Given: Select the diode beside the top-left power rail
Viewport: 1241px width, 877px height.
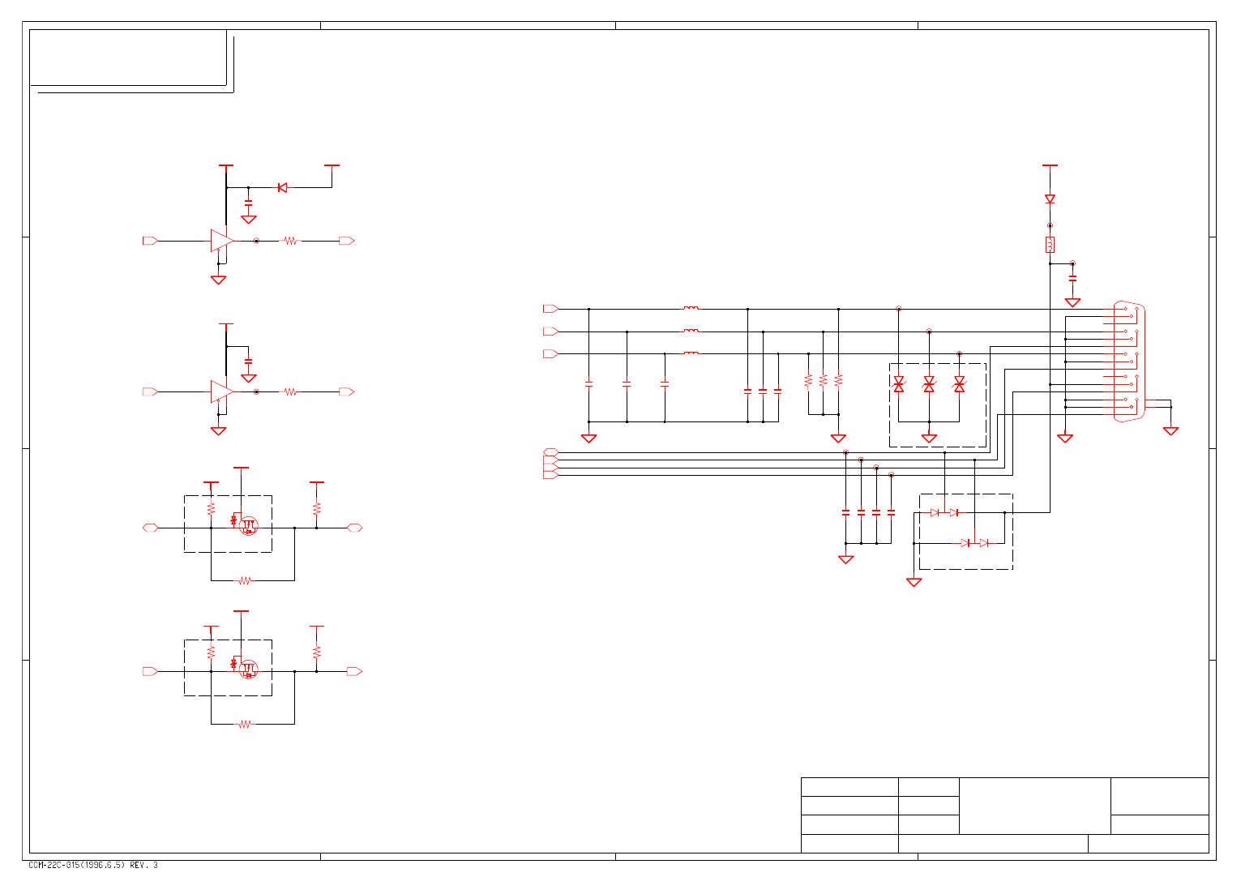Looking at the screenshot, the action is pyautogui.click(x=282, y=188).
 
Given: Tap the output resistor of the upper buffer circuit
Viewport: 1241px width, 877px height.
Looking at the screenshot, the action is pyautogui.click(x=289, y=241).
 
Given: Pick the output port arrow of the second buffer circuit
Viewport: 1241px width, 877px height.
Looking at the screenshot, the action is pyautogui.click(x=347, y=392).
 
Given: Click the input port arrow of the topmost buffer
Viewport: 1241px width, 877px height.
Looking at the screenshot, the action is pyautogui.click(x=150, y=241).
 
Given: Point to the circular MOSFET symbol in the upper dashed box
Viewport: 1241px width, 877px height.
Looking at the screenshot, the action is pyautogui.click(x=249, y=525).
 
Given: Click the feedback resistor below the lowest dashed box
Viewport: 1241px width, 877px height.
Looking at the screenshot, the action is pyautogui.click(x=245, y=724).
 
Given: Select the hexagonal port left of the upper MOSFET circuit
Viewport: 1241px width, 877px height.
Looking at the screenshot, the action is pyautogui.click(x=150, y=528).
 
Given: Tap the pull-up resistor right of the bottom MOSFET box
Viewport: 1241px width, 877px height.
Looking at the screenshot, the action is pyautogui.click(x=317, y=652).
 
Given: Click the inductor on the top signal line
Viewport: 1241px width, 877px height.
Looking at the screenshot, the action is pyautogui.click(x=691, y=309).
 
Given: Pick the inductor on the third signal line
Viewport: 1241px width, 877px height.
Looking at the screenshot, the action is pyautogui.click(x=691, y=353).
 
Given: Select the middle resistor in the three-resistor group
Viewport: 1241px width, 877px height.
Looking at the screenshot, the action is pyautogui.click(x=823, y=380).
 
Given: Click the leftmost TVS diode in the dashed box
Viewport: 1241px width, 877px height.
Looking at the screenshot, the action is pyautogui.click(x=898, y=385).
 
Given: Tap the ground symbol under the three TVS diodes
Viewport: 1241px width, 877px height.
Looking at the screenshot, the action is pyautogui.click(x=929, y=438).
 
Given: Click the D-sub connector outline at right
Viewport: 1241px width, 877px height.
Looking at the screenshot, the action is pyautogui.click(x=1128, y=361).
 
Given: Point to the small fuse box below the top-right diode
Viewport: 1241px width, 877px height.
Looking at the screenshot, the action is pyautogui.click(x=1050, y=245).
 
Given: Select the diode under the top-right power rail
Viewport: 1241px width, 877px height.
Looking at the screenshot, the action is pyautogui.click(x=1050, y=199).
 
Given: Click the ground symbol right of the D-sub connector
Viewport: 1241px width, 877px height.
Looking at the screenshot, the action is pyautogui.click(x=1170, y=430).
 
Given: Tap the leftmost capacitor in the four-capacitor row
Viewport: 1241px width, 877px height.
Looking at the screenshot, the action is pyautogui.click(x=845, y=512).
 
